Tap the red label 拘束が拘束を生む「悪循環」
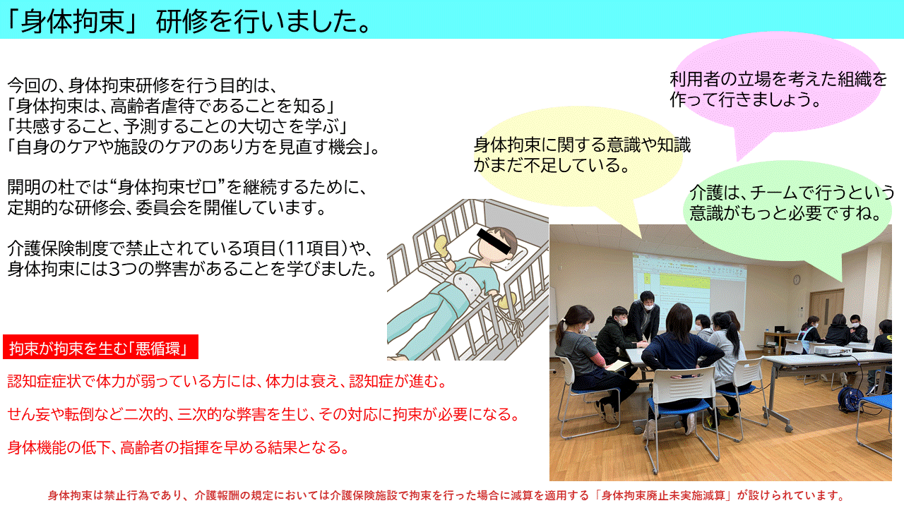pyautogui.click(x=100, y=346)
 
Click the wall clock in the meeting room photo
pyautogui.click(x=797, y=279)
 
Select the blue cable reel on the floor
pyautogui.click(x=850, y=399)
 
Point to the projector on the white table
pyautogui.click(x=832, y=349)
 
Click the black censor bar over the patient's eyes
pyautogui.click(x=494, y=241)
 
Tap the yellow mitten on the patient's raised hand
pyautogui.click(x=442, y=246)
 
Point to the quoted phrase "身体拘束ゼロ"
pyautogui.click(x=167, y=188)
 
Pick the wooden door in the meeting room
pyautogui.click(x=826, y=310)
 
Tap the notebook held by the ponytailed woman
pyautogui.click(x=617, y=365)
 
